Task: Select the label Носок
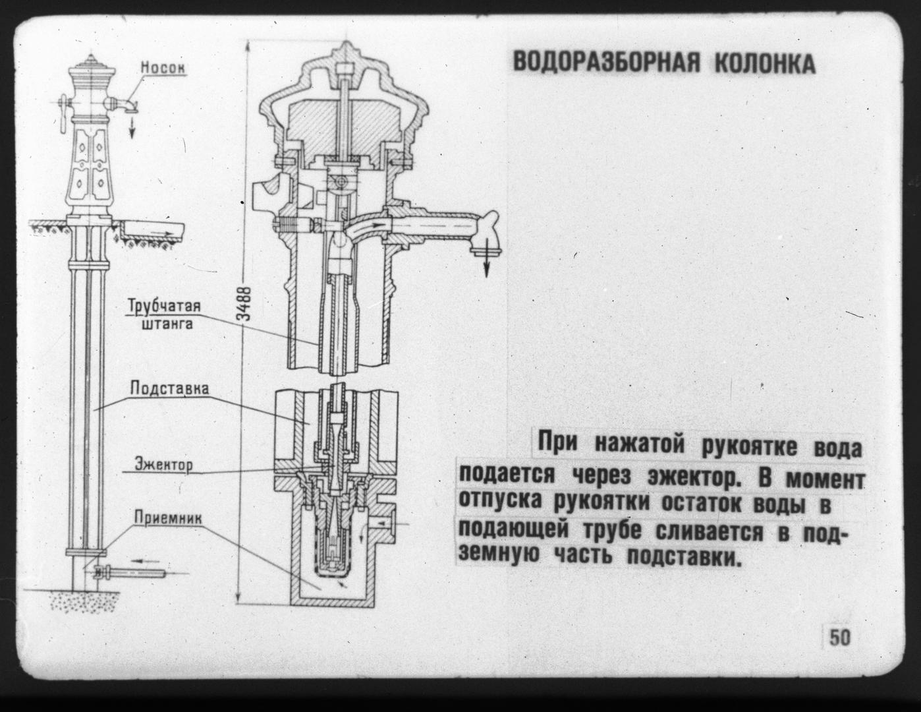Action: coord(163,67)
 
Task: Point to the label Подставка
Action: coord(169,389)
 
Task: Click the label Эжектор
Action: coord(163,464)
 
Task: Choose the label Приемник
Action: coord(168,518)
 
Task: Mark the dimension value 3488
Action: coord(245,304)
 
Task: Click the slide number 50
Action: coord(839,649)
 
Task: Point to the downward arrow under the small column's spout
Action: coord(132,127)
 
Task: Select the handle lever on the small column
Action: coord(64,113)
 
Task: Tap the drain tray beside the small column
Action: coord(152,229)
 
